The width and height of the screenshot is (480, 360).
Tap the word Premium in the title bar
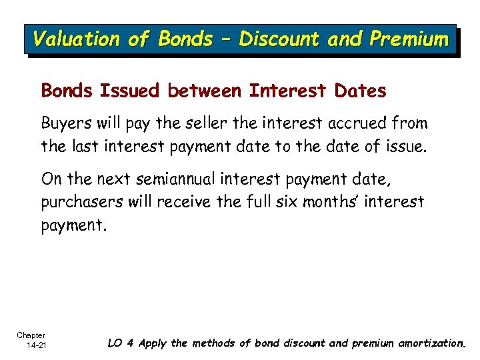(x=409, y=39)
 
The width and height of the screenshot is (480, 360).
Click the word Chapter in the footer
(x=31, y=335)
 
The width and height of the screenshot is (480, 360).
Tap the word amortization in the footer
(x=431, y=343)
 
